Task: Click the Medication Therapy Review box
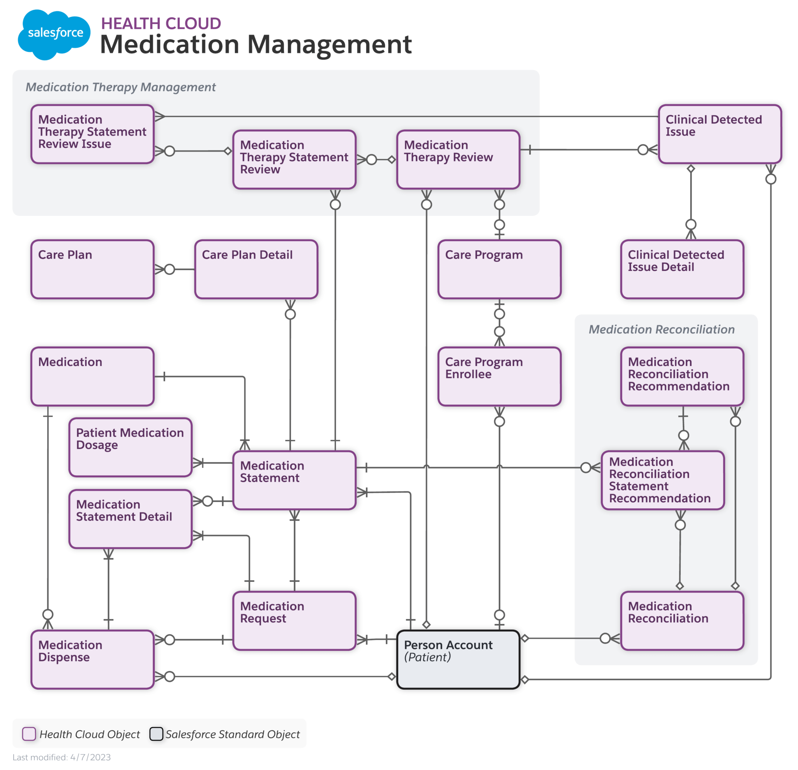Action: [x=458, y=160]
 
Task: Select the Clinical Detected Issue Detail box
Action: [x=682, y=269]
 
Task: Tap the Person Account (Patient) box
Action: [x=458, y=659]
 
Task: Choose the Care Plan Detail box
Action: [x=256, y=269]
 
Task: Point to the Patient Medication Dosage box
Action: [x=130, y=447]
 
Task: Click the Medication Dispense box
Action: [x=92, y=659]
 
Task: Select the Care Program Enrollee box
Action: [x=499, y=376]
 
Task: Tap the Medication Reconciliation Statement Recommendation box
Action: [x=662, y=480]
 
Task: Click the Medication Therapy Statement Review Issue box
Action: [x=92, y=134]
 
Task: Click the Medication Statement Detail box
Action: [x=130, y=519]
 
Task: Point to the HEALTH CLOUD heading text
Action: [x=161, y=23]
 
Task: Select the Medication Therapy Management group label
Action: [x=120, y=87]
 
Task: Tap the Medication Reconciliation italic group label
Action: [x=662, y=329]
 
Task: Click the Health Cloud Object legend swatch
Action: [x=29, y=734]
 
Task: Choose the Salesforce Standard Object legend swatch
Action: [x=156, y=734]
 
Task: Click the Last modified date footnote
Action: [x=62, y=758]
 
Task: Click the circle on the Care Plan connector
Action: [x=169, y=269]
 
